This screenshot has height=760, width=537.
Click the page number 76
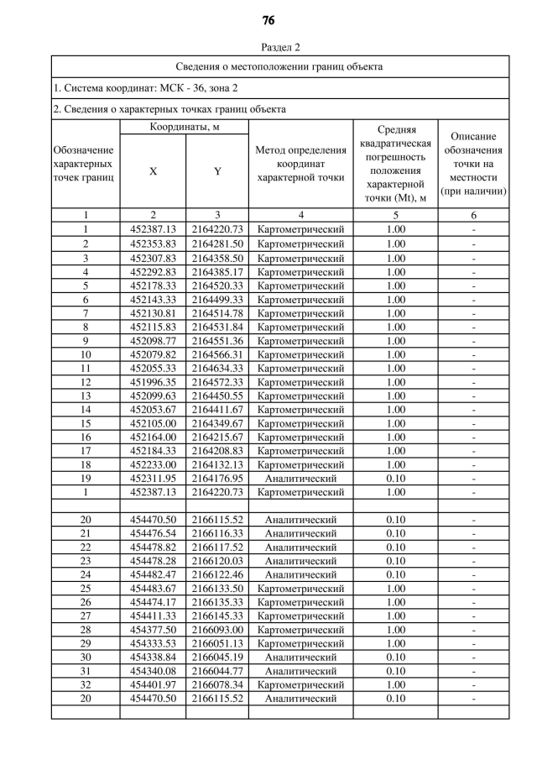(268, 19)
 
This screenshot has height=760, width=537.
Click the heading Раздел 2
(280, 47)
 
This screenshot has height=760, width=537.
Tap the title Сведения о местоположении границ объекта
(280, 66)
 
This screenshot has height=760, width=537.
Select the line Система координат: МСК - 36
(146, 87)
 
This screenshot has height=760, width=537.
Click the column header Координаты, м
(185, 127)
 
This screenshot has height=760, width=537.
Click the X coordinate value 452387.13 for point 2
(153, 229)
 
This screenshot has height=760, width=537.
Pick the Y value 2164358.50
(217, 258)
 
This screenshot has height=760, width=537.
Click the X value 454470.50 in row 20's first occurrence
(153, 520)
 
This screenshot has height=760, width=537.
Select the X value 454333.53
(153, 642)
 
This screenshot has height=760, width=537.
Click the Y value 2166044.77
(217, 671)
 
